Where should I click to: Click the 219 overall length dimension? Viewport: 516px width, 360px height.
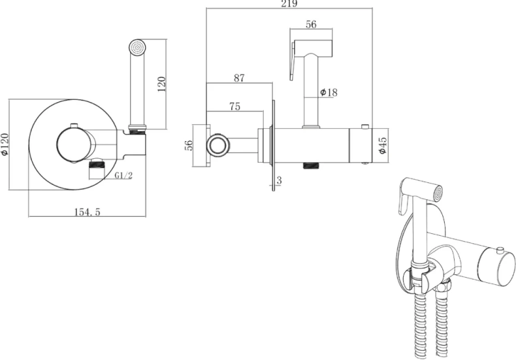tap(289, 4)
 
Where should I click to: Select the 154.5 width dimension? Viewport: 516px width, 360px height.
tap(88, 212)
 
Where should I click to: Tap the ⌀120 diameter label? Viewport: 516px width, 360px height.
tap(5, 144)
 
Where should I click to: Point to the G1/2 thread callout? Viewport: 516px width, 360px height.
tap(123, 175)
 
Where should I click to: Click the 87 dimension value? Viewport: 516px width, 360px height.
tap(239, 78)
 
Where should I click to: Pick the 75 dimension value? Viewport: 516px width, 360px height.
tap(234, 106)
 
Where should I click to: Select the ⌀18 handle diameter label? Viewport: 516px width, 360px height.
tap(329, 93)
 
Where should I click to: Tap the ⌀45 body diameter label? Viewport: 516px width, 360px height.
tap(382, 145)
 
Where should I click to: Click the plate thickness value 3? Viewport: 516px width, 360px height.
tap(279, 180)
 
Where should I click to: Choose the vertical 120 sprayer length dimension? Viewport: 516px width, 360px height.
tap(161, 84)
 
